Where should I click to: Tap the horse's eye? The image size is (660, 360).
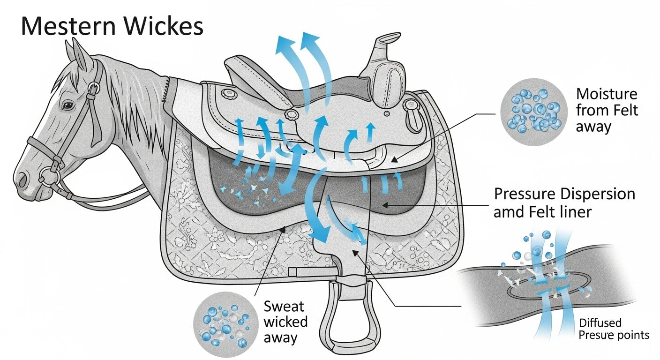(x=68, y=106)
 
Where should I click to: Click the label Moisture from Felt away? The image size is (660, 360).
(x=607, y=111)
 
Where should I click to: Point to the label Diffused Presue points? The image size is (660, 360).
(x=614, y=329)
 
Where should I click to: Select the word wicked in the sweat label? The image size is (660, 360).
(x=285, y=322)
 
